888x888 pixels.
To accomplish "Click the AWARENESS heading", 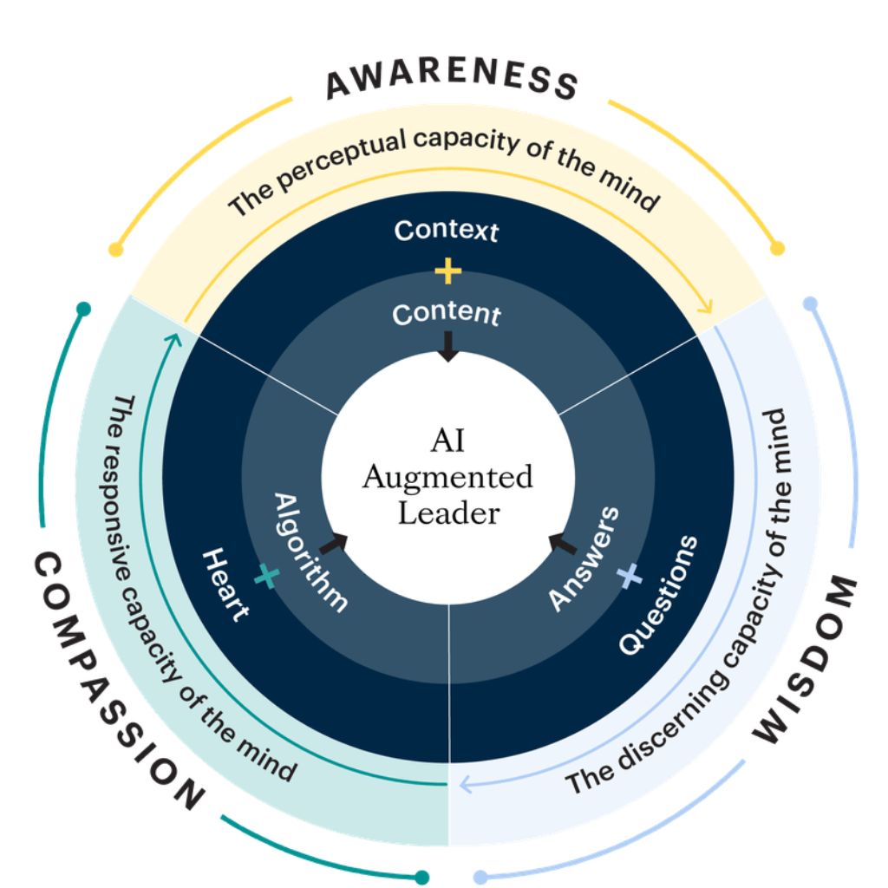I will pyautogui.click(x=451, y=80).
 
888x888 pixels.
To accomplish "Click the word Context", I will pyautogui.click(x=447, y=232).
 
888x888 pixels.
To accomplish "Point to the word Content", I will pyautogui.click(x=447, y=314).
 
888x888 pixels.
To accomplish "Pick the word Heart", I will pyautogui.click(x=226, y=583).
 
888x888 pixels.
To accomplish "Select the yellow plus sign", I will pyautogui.click(x=447, y=272).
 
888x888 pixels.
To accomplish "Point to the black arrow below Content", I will pyautogui.click(x=447, y=347).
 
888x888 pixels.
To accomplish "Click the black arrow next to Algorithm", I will pyautogui.click(x=334, y=543).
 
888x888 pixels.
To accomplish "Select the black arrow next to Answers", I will pyautogui.click(x=562, y=544).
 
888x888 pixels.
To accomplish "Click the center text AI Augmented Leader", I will pyautogui.click(x=447, y=477).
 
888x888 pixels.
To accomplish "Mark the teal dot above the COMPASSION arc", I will pyautogui.click(x=83, y=309).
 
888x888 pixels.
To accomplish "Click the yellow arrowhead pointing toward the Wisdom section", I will pyautogui.click(x=706, y=305).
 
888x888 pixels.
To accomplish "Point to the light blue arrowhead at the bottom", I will pyautogui.click(x=465, y=786).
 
